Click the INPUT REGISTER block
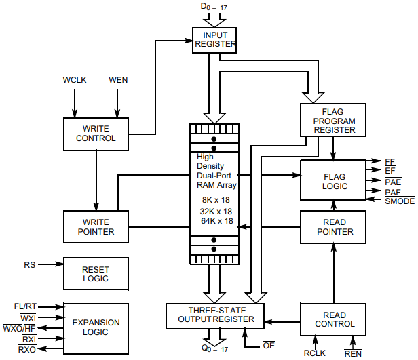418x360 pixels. [x=215, y=39]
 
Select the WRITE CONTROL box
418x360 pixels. [x=96, y=133]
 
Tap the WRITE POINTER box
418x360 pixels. [x=96, y=226]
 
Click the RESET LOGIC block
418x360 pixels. [x=96, y=274]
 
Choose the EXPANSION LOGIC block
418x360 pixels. [x=96, y=327]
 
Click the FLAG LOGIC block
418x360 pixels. [x=334, y=181]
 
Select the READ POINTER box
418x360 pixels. [x=334, y=226]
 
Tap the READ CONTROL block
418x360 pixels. [x=334, y=319]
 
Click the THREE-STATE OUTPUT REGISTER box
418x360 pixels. [x=215, y=315]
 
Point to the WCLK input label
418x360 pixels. [x=75, y=80]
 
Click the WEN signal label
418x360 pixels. [x=118, y=80]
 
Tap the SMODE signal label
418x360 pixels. [x=399, y=201]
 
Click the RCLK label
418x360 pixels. [x=315, y=353]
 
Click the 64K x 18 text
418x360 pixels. [x=216, y=220]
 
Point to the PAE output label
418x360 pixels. [x=392, y=182]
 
